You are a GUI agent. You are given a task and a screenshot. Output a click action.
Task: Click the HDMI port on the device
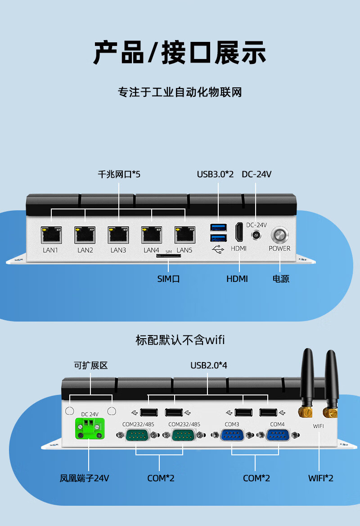click(239, 233)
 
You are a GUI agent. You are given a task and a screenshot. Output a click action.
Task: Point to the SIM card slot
click(168, 256)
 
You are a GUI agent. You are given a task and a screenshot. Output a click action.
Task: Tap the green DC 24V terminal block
click(90, 427)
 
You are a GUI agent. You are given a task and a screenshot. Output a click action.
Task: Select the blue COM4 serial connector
click(277, 435)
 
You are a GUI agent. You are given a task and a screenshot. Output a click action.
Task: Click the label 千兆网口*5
click(119, 174)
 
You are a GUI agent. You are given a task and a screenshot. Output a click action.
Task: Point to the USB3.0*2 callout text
click(216, 174)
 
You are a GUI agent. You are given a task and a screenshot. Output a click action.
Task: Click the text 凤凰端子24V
click(85, 478)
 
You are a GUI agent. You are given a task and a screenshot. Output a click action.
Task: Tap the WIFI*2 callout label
click(321, 478)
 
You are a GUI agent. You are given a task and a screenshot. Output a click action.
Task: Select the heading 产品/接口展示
click(180, 53)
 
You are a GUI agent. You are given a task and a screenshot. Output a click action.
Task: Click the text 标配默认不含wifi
click(180, 340)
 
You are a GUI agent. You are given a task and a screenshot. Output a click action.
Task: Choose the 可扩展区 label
click(91, 365)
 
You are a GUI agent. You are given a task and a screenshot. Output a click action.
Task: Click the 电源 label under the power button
click(281, 279)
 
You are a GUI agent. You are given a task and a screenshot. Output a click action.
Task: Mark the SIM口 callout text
click(169, 279)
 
